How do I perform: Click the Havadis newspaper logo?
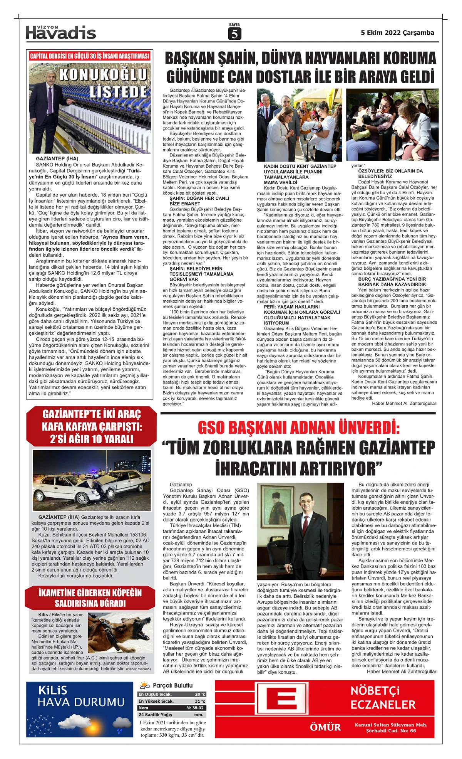point(61,32)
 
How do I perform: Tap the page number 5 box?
point(234,34)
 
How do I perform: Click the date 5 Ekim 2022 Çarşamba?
point(397,33)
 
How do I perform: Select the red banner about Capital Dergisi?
point(90,56)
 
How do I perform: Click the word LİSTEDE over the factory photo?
point(119,92)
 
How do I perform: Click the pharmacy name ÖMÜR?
point(325,727)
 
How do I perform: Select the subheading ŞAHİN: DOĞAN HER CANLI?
point(199,198)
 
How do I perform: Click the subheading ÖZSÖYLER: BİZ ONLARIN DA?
point(390,171)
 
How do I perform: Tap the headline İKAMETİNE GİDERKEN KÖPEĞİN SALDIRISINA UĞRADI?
point(90,598)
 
